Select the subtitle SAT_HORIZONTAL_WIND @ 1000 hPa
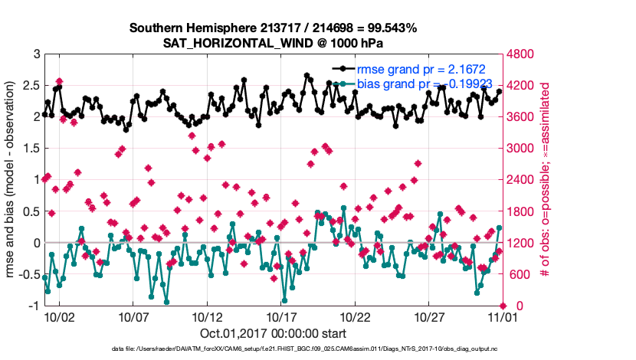(274, 43)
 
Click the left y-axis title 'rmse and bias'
(13, 180)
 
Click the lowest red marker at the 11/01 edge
(502, 306)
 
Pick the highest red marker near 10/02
(59, 81)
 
